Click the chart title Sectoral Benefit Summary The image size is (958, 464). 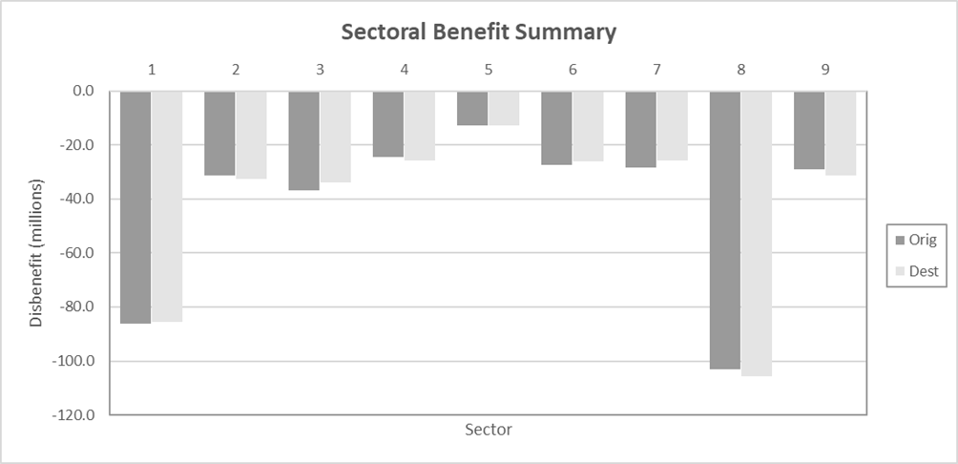coord(479,32)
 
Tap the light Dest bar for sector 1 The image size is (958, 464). coord(167,206)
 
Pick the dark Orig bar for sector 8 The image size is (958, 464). coord(724,230)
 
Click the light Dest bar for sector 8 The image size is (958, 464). coord(756,233)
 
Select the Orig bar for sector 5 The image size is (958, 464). coord(472,108)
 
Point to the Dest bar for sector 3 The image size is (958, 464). coord(335,137)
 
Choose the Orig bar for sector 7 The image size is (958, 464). coord(640,129)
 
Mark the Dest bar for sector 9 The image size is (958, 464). coord(841,133)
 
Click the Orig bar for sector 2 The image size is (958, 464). coord(219,133)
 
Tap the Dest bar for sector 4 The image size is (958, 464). coord(419,125)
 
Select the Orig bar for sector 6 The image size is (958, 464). coord(556,128)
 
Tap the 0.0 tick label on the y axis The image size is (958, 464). coord(83,92)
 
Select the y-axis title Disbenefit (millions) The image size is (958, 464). coord(36,252)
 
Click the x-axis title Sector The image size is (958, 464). coord(489,430)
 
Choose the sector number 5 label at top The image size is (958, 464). coord(488,69)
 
